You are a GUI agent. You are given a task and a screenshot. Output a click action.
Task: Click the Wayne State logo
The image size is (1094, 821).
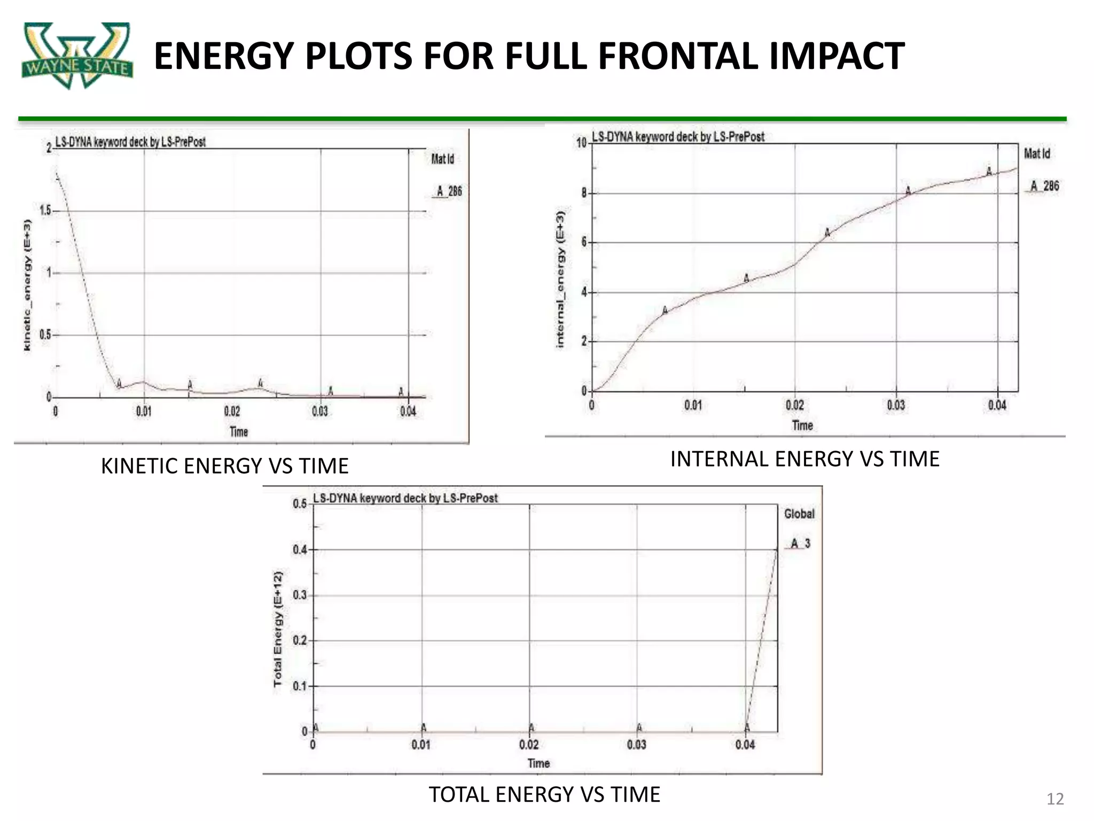[x=77, y=55]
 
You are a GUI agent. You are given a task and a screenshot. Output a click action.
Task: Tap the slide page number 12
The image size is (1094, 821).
[x=1055, y=799]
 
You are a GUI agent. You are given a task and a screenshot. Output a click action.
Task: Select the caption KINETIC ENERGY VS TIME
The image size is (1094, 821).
[x=225, y=466]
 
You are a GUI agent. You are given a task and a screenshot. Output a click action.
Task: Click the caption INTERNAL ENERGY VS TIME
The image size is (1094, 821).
[x=805, y=459]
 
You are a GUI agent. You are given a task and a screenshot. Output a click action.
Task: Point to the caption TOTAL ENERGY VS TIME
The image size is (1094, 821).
[x=544, y=794]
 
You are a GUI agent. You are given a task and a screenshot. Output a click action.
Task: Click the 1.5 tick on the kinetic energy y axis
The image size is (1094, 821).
[x=45, y=210]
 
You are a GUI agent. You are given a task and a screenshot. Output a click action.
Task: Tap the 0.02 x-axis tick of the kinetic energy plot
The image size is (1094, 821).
[x=232, y=411]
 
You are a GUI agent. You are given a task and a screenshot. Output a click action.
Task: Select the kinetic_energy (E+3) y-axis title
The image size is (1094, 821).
[x=27, y=285]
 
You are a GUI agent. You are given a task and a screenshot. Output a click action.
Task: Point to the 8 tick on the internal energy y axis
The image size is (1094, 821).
[x=584, y=192]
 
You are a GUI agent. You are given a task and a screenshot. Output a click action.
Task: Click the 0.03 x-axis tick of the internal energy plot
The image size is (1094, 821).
[x=896, y=405]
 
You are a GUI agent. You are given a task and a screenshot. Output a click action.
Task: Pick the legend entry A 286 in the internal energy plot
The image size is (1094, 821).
[x=1044, y=186]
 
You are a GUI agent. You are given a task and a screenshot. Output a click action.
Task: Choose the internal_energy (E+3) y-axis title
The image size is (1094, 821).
[x=560, y=279]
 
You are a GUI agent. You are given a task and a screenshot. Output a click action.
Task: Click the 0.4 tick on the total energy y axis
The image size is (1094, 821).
[x=300, y=549]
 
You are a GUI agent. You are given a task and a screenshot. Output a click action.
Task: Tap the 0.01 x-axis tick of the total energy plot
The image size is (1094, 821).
[x=421, y=744]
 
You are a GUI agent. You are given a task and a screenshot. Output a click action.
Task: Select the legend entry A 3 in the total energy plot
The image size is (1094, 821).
[x=800, y=544]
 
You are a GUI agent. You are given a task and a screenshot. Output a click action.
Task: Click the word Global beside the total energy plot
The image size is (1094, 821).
[x=799, y=514]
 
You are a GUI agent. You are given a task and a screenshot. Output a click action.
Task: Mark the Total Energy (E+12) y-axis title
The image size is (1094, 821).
[x=277, y=629]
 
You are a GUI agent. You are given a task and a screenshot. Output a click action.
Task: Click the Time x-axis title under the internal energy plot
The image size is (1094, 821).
[x=802, y=425]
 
